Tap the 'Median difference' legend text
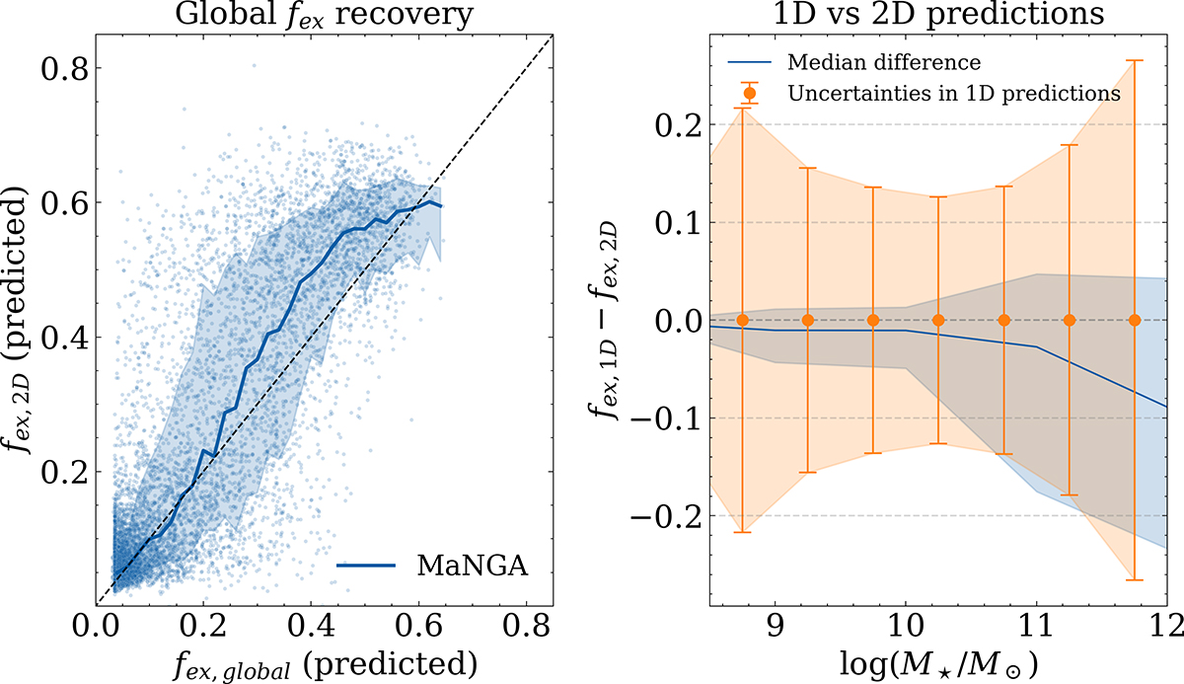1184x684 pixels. click(x=884, y=63)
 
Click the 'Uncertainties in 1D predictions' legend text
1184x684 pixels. click(x=953, y=94)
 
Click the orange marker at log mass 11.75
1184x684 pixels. click(x=1135, y=320)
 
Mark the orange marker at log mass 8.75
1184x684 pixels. click(x=742, y=320)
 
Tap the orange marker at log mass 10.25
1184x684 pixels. click(x=938, y=320)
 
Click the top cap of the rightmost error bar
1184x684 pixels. click(x=1135, y=61)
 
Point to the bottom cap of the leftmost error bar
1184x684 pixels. click(x=742, y=533)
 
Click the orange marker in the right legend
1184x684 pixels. click(x=749, y=94)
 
